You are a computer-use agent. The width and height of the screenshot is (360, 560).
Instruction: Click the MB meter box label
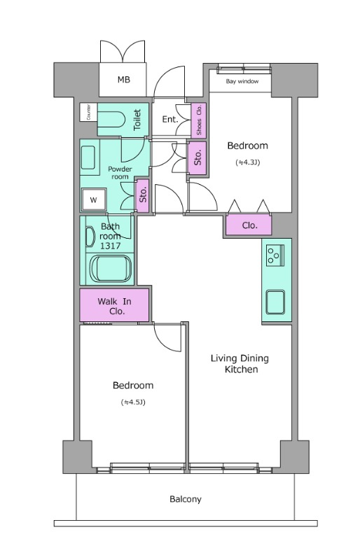point(124,80)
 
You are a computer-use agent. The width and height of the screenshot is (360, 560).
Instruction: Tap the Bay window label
point(242,81)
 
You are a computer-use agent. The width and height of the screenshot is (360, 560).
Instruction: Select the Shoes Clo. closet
point(199,120)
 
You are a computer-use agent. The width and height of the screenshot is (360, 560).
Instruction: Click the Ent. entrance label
point(169,119)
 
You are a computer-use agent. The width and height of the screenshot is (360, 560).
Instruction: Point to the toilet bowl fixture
point(111,119)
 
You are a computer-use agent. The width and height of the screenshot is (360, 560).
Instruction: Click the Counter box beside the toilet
point(89,112)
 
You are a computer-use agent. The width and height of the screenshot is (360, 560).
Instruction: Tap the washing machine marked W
point(93,199)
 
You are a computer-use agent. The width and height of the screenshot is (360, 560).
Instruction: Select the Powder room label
point(120,173)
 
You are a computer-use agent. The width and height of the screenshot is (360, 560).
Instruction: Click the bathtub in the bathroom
point(111,269)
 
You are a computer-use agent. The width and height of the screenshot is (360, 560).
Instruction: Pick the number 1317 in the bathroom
point(110,246)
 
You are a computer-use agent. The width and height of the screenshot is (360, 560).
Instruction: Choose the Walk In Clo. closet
point(114,305)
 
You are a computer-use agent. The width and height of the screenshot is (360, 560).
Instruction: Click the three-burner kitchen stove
point(275,255)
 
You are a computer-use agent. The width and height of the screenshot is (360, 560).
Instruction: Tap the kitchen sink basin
point(275,302)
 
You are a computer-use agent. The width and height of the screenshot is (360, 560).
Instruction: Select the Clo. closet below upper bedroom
point(249,225)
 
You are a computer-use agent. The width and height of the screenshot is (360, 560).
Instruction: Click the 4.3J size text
point(247,162)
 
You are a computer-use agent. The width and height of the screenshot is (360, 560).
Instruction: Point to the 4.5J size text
point(133,402)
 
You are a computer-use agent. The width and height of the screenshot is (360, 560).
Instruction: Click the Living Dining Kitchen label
point(240,363)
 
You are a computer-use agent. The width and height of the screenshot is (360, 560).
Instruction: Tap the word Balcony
point(185,499)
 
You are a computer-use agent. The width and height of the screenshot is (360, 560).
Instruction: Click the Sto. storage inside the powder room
point(143,196)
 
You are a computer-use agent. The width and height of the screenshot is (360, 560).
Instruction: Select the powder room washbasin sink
point(88,157)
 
